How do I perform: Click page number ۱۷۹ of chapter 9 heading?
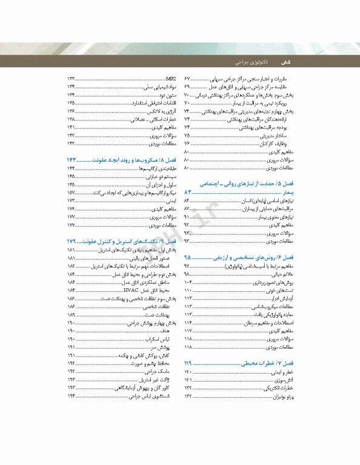72,240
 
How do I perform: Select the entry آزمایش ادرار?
285,298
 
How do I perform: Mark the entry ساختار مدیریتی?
282,136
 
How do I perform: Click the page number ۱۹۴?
71,395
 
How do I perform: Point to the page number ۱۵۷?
72,192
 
